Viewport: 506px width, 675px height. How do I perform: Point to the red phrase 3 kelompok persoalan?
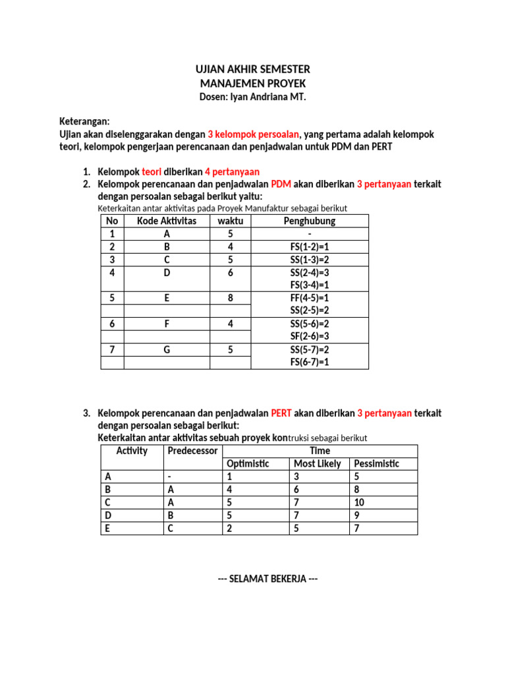click(x=254, y=134)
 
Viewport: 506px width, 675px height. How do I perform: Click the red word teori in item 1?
click(x=152, y=172)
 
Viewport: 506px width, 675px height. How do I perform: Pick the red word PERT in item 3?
click(x=281, y=413)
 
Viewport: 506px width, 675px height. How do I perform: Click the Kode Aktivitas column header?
click(x=167, y=221)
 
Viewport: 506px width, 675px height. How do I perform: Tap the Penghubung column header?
click(x=310, y=221)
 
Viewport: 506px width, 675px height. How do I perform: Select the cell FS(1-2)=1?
click(x=310, y=247)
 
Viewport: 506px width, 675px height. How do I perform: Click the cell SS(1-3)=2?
click(x=310, y=259)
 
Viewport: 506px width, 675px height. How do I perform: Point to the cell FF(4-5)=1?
click(x=310, y=298)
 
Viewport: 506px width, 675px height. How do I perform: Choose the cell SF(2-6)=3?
click(x=310, y=336)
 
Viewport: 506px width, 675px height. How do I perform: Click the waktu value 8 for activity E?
click(x=231, y=298)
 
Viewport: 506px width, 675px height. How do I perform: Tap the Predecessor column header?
click(x=192, y=451)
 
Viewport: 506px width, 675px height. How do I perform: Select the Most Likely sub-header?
click(x=318, y=463)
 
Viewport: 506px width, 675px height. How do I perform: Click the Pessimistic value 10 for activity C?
click(x=359, y=502)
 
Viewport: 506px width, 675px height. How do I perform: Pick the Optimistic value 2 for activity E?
click(x=229, y=528)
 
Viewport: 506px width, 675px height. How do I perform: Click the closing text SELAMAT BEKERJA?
click(x=267, y=579)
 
